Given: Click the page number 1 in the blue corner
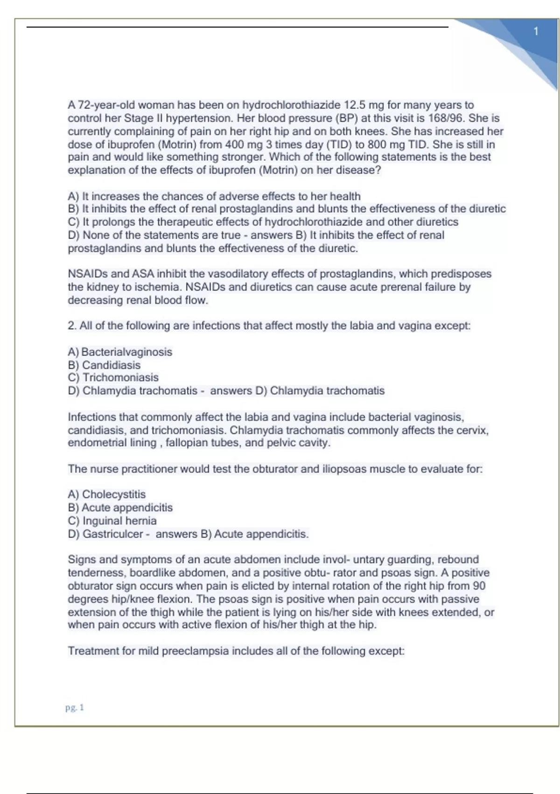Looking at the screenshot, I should coord(536,31).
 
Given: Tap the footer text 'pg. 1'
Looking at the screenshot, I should coord(75,708).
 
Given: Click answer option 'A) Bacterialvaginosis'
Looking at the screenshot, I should coord(120,352).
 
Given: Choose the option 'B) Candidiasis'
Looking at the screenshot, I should coord(104,365).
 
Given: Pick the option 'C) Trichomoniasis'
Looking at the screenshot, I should coord(113,377).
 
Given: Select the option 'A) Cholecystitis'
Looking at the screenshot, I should coord(106,494).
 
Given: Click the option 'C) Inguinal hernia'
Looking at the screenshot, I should coord(112,521).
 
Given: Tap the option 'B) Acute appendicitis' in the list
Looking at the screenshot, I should coord(120,508).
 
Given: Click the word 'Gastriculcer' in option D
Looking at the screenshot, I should coord(112,534).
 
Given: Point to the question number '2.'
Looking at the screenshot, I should coord(72,326).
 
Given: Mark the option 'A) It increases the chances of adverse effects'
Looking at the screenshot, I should coord(214,196).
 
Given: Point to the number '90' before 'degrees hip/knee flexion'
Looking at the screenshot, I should coord(479,586).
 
